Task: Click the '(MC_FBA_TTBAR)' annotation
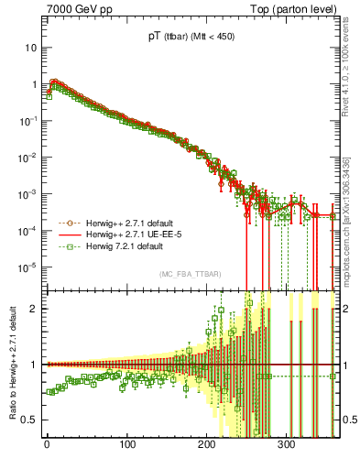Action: [x=190, y=275]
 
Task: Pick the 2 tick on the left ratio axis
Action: [x=35, y=308]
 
